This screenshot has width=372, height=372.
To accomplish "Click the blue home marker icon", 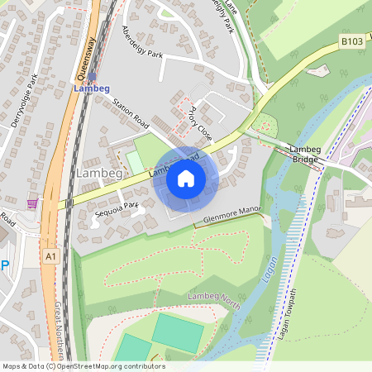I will (186, 179).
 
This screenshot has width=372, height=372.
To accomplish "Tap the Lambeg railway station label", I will (91, 88).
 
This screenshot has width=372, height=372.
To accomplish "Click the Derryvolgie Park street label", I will (33, 96).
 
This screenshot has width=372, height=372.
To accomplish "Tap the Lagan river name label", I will (269, 269).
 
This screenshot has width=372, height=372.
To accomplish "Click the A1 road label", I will (51, 257).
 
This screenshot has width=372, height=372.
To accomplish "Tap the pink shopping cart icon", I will (31, 203).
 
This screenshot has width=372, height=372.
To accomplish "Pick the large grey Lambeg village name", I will (99, 173).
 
